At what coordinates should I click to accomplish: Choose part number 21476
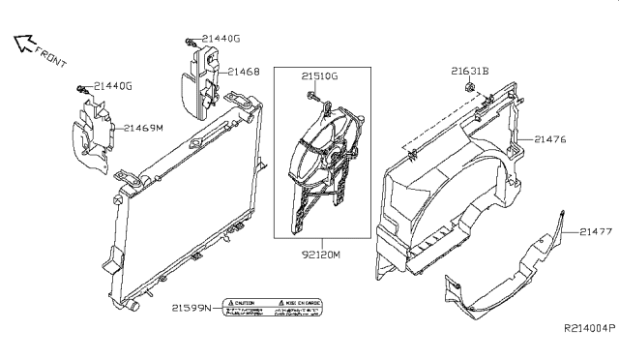(x=547, y=139)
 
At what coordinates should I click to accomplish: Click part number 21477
(x=598, y=231)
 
